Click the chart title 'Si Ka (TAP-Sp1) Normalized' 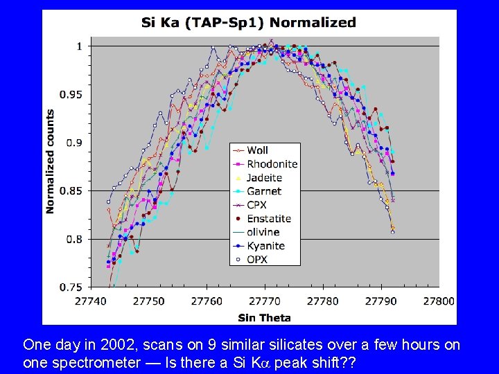click(x=248, y=22)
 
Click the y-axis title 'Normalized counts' click(x=51, y=161)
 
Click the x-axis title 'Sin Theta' click(x=264, y=318)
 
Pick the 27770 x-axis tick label click(x=265, y=301)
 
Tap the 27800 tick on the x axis click(x=438, y=301)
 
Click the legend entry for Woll click(x=257, y=150)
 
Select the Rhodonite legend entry click(x=272, y=164)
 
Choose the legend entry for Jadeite click(x=263, y=178)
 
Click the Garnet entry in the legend click(x=264, y=191)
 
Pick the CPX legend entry click(x=256, y=205)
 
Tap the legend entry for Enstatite click(x=269, y=219)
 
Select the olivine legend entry click(x=262, y=232)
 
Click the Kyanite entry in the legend click(x=265, y=246)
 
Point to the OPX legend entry click(x=257, y=260)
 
